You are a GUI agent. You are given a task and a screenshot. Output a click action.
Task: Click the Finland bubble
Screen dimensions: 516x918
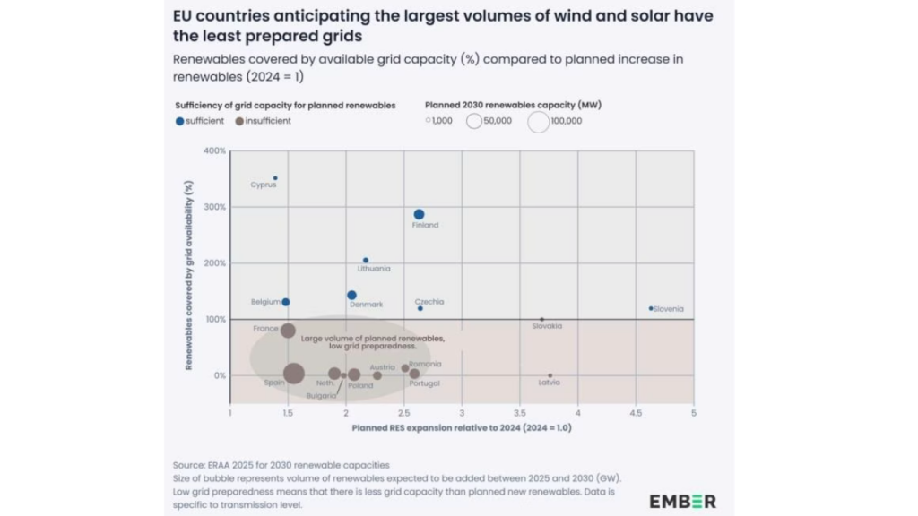pyautogui.click(x=419, y=214)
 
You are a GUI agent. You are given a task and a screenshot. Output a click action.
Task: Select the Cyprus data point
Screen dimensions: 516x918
pyautogui.click(x=275, y=178)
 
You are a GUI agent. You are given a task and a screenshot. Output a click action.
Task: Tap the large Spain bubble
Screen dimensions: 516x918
pyautogui.click(x=293, y=374)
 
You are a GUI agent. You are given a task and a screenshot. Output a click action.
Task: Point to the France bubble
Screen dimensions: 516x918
pyautogui.click(x=288, y=331)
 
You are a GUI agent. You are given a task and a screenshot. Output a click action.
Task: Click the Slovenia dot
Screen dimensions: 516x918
pyautogui.click(x=651, y=308)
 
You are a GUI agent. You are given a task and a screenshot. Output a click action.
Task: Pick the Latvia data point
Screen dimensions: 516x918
pyautogui.click(x=550, y=375)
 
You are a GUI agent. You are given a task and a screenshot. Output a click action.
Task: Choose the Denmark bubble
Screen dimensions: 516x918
pyautogui.click(x=351, y=295)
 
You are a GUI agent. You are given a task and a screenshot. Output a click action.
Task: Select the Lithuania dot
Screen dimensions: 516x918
pyautogui.click(x=366, y=260)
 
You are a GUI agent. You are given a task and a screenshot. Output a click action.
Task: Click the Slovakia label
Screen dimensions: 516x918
pyautogui.click(x=547, y=326)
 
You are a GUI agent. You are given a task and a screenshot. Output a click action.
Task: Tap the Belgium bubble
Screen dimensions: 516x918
pyautogui.click(x=286, y=302)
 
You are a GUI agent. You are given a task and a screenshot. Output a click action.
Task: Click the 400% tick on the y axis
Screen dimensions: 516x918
pyautogui.click(x=215, y=150)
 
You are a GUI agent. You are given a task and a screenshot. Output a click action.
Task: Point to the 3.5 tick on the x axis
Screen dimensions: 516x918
pyautogui.click(x=520, y=413)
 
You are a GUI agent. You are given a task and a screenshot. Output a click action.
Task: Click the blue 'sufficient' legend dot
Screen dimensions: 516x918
pyautogui.click(x=180, y=121)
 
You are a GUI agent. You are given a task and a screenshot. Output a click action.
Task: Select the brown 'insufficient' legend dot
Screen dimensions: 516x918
pyautogui.click(x=238, y=121)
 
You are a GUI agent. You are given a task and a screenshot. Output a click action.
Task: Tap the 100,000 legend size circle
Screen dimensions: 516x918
pyautogui.click(x=538, y=121)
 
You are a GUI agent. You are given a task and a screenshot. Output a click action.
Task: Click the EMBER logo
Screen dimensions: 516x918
pyautogui.click(x=682, y=501)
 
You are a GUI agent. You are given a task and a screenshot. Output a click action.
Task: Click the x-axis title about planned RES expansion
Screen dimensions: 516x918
pyautogui.click(x=461, y=428)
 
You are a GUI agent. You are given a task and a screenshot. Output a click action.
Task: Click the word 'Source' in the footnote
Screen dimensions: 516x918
pyautogui.click(x=190, y=465)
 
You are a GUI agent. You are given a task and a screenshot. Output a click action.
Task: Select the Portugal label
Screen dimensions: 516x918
pyautogui.click(x=424, y=383)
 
